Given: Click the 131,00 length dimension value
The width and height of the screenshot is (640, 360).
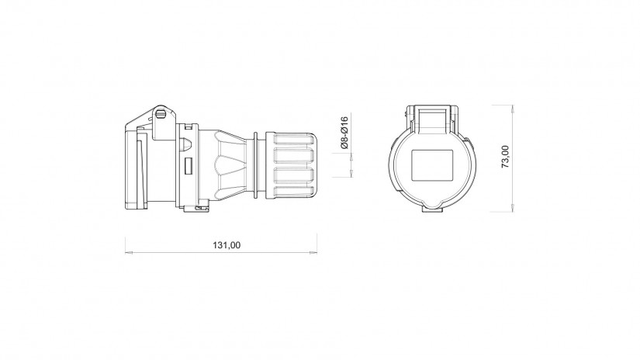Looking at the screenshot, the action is (227, 245).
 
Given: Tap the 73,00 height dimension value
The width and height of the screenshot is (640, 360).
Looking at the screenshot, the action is (505, 157).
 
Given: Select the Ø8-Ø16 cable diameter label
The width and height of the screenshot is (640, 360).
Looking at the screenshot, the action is (344, 132).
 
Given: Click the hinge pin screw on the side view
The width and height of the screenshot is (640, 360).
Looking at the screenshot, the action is (161, 113).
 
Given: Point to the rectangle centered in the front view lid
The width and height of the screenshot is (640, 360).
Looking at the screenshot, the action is (432, 165).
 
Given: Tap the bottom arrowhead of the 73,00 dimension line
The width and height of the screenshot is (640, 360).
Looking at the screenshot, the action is (512, 208).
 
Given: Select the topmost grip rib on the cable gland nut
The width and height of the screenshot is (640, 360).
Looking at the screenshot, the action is (294, 140).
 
